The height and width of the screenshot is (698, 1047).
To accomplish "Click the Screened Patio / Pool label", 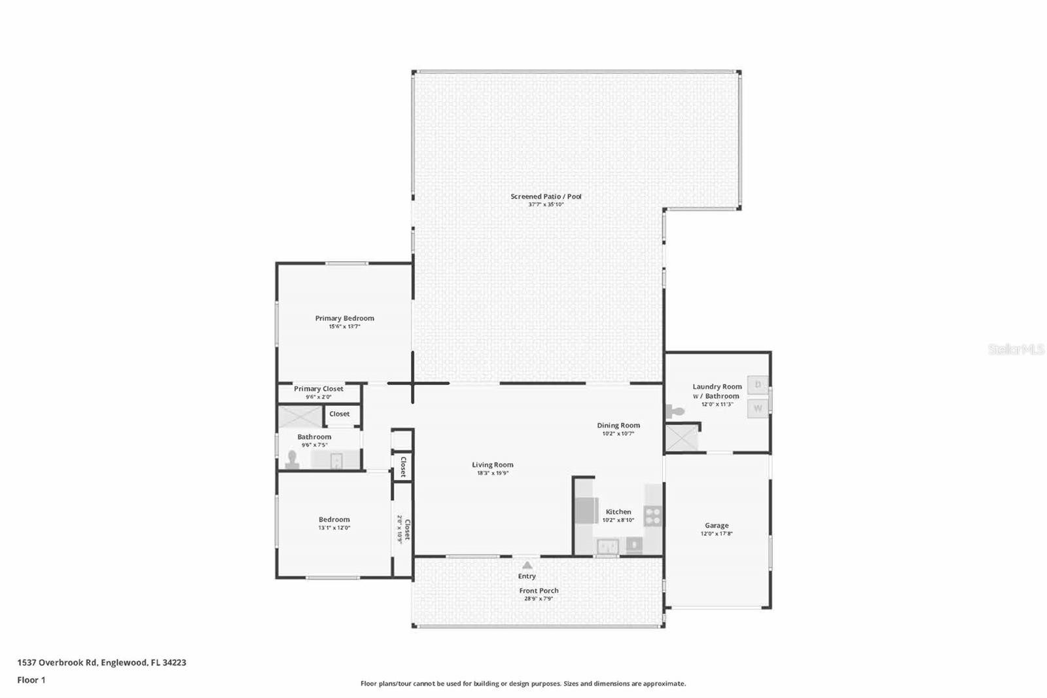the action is (x=546, y=196).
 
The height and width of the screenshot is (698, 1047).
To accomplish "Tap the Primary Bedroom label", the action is (x=344, y=318).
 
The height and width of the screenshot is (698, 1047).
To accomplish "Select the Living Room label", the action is (x=493, y=464).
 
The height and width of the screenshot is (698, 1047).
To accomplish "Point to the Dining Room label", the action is (x=618, y=425).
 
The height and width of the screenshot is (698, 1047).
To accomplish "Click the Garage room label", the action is (x=717, y=525).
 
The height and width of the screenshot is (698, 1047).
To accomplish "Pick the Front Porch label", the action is (x=539, y=591).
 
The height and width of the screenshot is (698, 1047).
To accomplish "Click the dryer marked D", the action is (x=758, y=385).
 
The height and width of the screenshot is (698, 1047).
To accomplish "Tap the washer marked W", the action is (x=758, y=408).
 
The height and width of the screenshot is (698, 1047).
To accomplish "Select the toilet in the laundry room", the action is (x=674, y=412).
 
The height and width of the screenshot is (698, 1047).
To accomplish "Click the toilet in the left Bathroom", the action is (x=293, y=460).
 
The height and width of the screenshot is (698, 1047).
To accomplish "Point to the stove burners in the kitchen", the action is (x=652, y=516).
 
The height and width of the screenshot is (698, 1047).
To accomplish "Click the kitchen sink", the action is (x=608, y=546).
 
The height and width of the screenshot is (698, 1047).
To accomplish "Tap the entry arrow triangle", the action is (x=527, y=565).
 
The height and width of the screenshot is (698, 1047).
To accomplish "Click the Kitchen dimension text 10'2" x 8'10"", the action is (x=618, y=520).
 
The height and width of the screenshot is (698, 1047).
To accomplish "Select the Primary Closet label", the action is (x=318, y=389).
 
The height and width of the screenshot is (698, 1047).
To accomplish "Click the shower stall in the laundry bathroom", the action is (x=681, y=438).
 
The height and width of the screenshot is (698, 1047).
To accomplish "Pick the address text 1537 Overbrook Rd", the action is (x=57, y=663).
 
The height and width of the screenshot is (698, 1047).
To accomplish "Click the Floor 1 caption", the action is (x=31, y=680).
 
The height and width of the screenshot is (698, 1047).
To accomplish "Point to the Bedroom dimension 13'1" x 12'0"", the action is (x=334, y=528).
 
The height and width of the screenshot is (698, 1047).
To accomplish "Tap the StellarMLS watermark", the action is (x=1016, y=349).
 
